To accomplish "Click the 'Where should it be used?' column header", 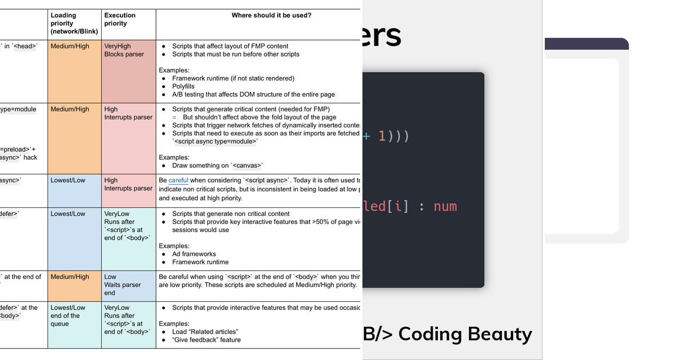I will coord(271,15).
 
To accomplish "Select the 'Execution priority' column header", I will coord(120,19).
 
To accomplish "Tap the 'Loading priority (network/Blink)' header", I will coord(70,23).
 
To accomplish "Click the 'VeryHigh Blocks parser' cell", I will coord(124,50).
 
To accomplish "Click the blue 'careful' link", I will coord(178,180).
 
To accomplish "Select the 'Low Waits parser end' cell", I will coord(122,285).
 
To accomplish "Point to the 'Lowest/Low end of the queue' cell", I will coord(68,315).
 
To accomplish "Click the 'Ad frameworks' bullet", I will coord(194,254).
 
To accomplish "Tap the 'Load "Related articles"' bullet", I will coord(205,331).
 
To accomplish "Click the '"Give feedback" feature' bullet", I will coord(206,339).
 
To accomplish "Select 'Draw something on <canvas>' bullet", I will coord(217,166).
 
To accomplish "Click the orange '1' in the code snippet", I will coord(382,137).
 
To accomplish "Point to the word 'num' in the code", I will coord(445,206).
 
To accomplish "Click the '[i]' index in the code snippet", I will coord(398,206).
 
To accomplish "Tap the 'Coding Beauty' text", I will coord(465,333).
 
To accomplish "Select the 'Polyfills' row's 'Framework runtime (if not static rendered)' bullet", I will coord(233,78).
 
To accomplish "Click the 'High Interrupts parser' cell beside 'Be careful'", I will coord(128,184).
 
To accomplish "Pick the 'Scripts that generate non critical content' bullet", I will coord(230,214).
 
